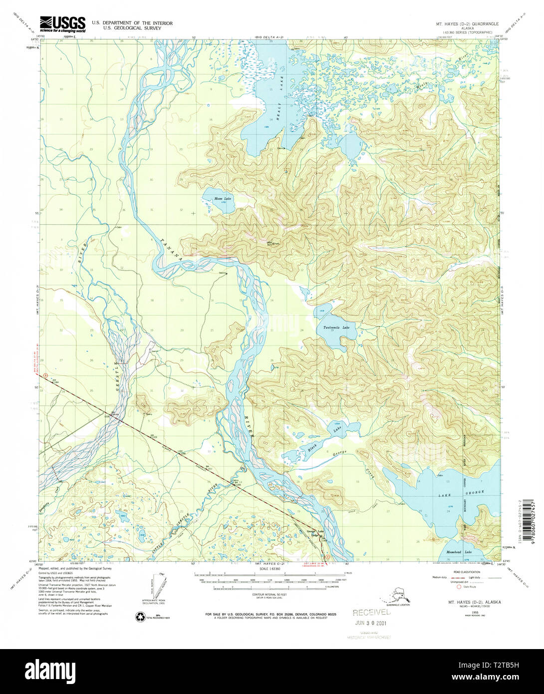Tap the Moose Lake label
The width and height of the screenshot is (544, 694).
(x=223, y=199)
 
